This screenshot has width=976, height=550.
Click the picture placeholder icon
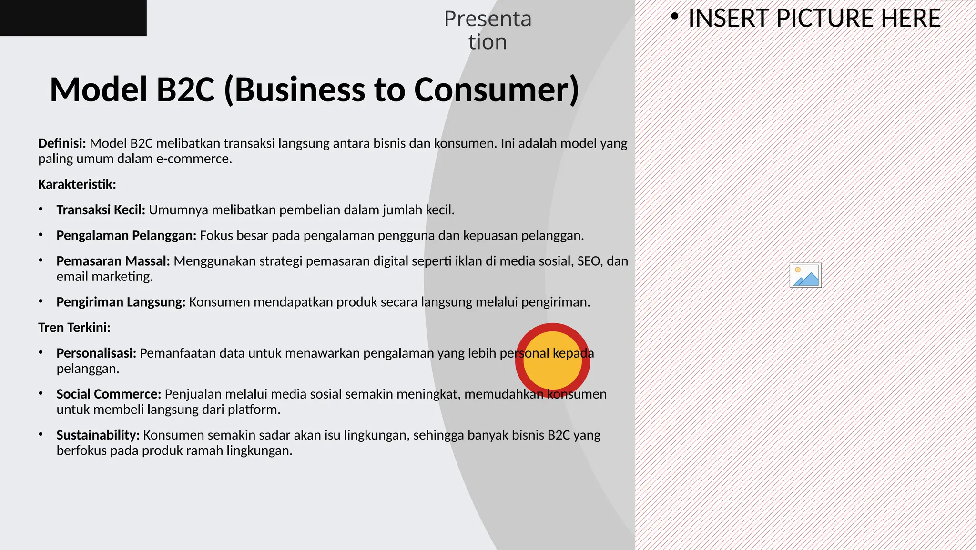[x=805, y=275]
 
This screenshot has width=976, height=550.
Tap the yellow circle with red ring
[x=552, y=360]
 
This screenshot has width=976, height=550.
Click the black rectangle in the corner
[x=73, y=18]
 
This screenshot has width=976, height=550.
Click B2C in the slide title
[x=185, y=90]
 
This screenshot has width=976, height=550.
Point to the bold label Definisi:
[x=62, y=143]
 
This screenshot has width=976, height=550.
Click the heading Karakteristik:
[x=77, y=184]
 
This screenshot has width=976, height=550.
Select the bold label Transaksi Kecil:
[x=101, y=210]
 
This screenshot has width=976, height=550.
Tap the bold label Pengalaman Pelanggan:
[x=126, y=236]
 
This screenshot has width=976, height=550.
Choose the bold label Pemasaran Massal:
[x=113, y=261]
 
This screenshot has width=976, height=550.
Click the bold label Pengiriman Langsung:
[x=121, y=302]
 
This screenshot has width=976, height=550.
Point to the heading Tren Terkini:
[x=74, y=328]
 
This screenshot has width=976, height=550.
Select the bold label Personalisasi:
[x=96, y=353]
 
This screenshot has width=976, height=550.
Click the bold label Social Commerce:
[x=109, y=394]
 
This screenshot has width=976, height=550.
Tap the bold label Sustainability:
[x=98, y=435]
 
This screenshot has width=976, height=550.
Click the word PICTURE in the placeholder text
[x=827, y=19]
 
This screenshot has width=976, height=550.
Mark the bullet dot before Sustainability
[x=41, y=434]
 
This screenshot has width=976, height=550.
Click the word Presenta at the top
[x=488, y=19]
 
